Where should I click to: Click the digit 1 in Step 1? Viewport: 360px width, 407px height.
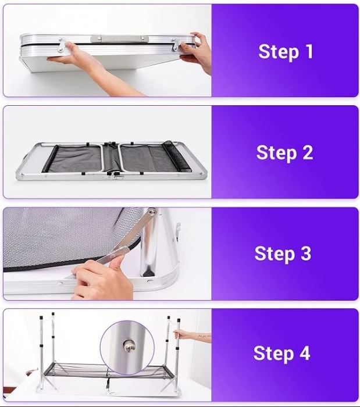(309, 51)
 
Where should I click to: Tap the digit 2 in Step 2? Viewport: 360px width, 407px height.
(308, 152)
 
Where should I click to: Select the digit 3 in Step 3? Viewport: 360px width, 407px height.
(306, 253)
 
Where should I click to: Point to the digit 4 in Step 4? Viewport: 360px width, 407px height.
(305, 353)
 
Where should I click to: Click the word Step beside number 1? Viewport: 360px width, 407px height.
(279, 52)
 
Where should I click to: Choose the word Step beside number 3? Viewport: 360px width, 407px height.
(275, 254)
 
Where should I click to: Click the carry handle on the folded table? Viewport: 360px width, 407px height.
(120, 39)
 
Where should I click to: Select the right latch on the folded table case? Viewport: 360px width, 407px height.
(176, 44)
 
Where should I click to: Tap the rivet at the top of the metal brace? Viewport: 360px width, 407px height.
(152, 212)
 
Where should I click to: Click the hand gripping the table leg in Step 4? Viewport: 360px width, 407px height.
(180, 334)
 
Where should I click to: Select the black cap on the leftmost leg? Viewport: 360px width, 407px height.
(41, 317)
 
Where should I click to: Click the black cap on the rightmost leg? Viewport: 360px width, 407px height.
(179, 320)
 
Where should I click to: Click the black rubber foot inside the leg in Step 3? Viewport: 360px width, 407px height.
(148, 273)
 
